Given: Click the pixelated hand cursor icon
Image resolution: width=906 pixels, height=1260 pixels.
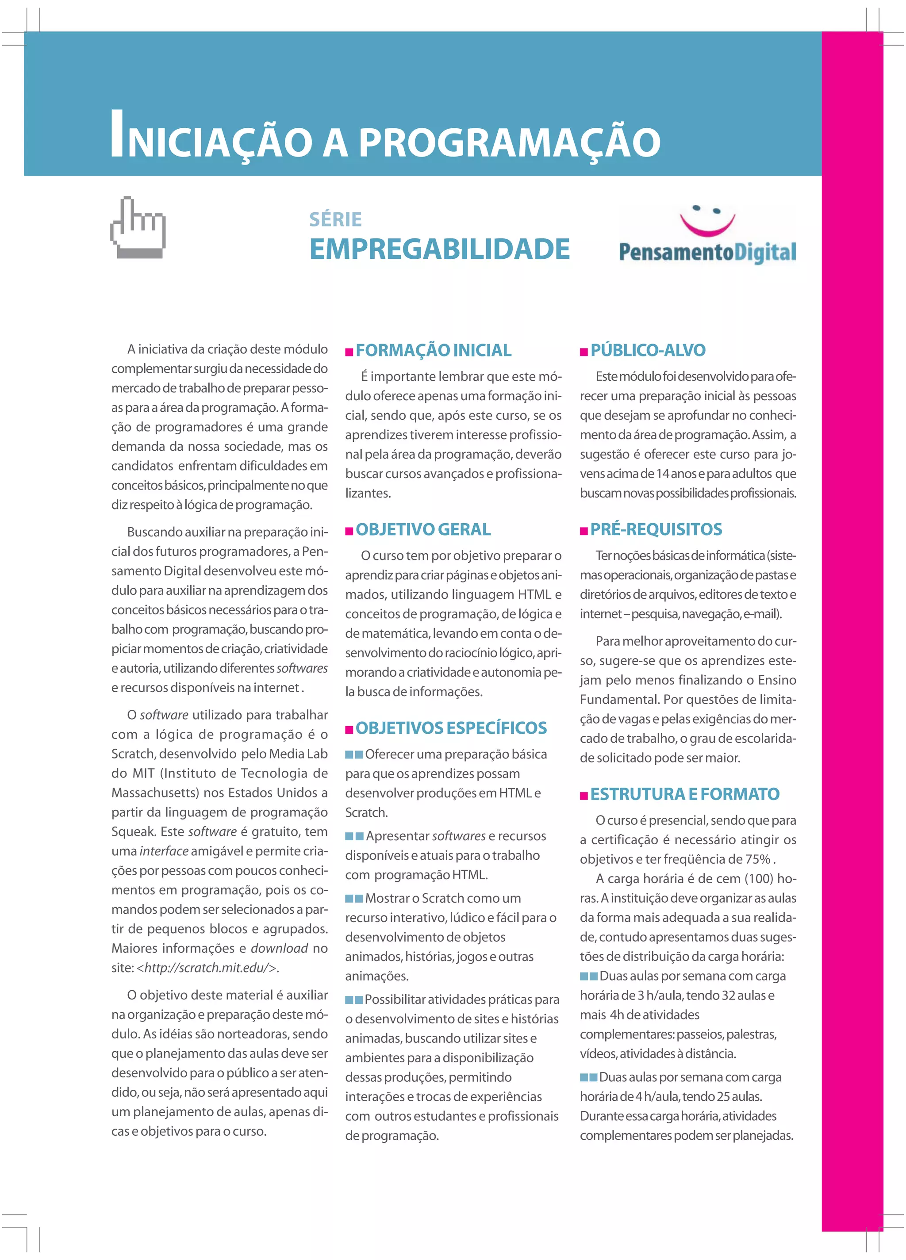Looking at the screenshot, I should (138, 227).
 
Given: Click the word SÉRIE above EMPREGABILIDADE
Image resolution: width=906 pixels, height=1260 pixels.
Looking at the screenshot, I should (335, 219).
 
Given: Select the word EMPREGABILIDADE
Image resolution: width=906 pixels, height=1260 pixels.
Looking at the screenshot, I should (439, 249).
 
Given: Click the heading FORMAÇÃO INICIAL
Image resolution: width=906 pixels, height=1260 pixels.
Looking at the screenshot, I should (433, 351).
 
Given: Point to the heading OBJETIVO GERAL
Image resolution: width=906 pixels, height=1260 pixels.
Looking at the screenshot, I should (423, 529).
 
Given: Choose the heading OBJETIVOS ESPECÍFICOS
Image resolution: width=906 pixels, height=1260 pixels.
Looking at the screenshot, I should (451, 728).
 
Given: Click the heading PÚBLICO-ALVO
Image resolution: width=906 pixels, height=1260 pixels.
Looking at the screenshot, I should (648, 351).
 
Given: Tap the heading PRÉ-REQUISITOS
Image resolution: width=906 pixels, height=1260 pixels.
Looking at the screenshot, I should (656, 529).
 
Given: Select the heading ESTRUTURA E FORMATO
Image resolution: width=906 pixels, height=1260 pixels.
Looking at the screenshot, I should (684, 794).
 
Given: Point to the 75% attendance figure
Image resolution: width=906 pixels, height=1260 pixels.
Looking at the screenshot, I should (758, 859).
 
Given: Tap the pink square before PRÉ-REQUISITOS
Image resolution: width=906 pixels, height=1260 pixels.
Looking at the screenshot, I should (584, 531).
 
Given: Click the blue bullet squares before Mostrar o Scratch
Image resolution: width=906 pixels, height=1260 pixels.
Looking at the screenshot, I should (354, 898).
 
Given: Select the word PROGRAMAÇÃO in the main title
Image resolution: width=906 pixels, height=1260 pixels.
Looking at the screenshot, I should (509, 142).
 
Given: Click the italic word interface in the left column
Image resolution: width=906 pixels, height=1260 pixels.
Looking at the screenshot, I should (164, 851).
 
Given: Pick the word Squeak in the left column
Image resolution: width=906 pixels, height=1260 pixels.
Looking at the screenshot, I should (132, 831).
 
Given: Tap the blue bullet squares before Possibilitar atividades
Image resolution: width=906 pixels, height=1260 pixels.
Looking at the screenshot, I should (353, 1000).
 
